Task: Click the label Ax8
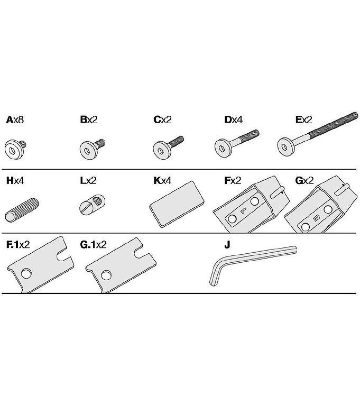(x=15, y=119)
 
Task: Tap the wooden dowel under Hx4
(x=22, y=210)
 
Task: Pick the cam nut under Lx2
(x=92, y=205)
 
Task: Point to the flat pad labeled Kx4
(x=177, y=204)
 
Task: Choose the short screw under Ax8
(x=15, y=149)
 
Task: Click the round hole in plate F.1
(x=26, y=273)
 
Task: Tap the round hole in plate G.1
(x=106, y=275)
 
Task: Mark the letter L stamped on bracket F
(x=243, y=210)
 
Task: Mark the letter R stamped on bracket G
(x=315, y=218)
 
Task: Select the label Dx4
(x=233, y=119)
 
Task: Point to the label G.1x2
(x=93, y=244)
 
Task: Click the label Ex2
(x=304, y=119)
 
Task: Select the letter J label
(x=227, y=244)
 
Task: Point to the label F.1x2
(x=18, y=244)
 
